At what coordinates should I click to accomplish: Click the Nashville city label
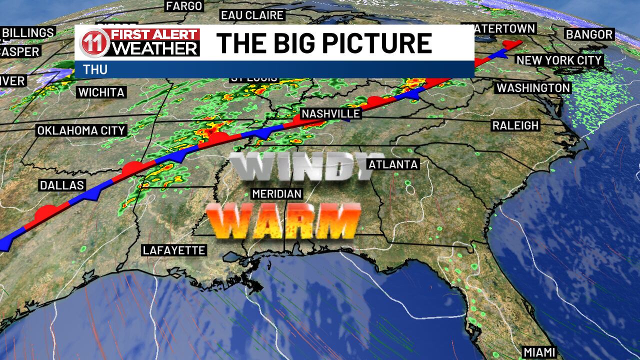pos(331,113)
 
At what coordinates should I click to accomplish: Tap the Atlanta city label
pos(392,164)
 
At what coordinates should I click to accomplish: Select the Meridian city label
pos(277,194)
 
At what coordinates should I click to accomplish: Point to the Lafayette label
pos(174,250)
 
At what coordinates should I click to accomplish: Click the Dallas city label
pos(62,185)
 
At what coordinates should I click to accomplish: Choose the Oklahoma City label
pos(81,130)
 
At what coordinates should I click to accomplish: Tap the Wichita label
pos(101,92)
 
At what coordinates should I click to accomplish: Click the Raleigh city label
pos(515,125)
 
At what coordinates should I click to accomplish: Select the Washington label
pos(533,88)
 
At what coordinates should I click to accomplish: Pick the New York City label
pos(559,60)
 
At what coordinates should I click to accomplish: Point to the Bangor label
pos(589,34)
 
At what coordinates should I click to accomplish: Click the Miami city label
pos(539,352)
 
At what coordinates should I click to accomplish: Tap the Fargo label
pos(184,6)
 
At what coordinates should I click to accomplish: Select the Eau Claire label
pos(252,15)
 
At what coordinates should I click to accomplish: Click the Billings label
pos(28,33)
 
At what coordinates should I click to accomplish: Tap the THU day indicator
pos(95,69)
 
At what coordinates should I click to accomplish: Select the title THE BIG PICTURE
pos(324,43)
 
